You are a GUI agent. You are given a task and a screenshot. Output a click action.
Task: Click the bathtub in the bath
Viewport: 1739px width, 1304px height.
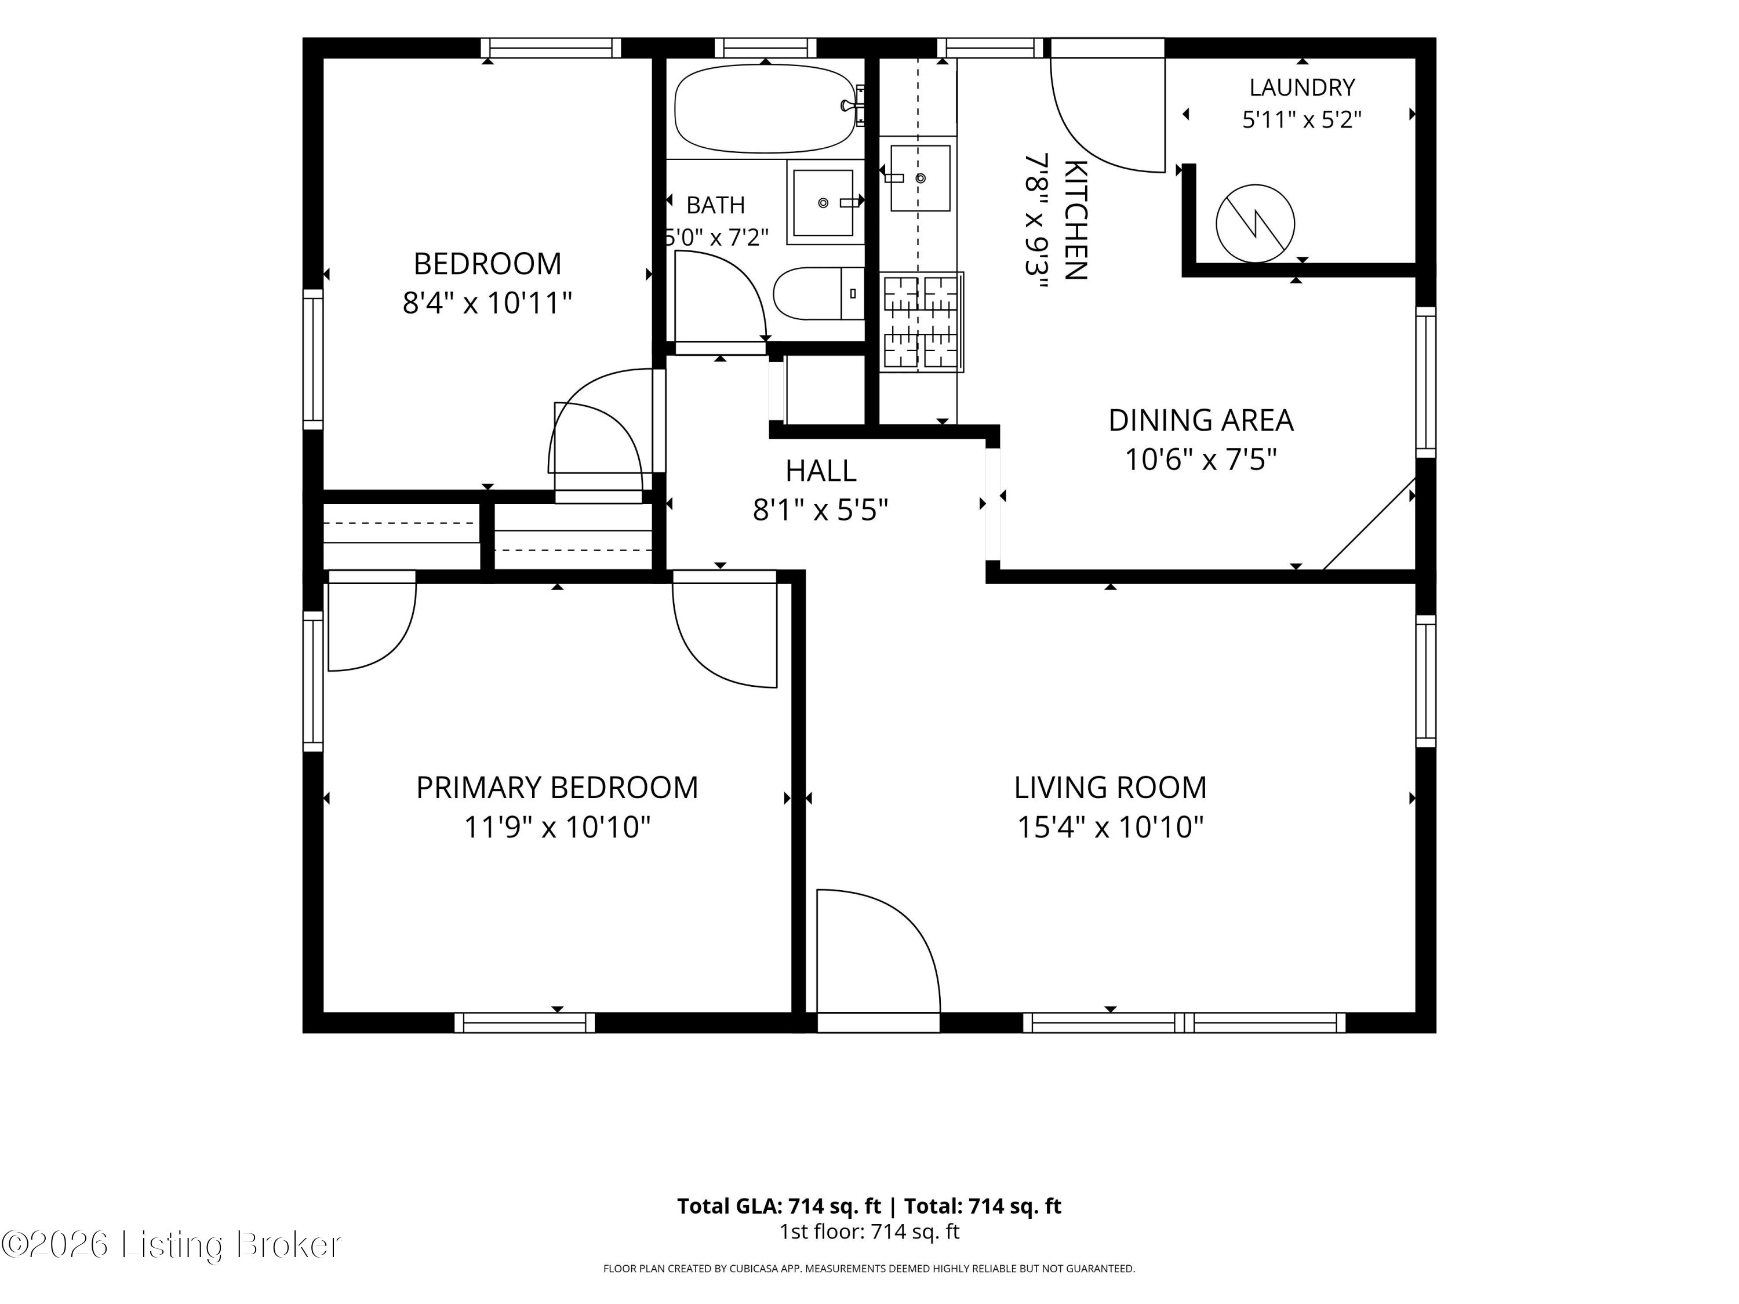click(x=764, y=108)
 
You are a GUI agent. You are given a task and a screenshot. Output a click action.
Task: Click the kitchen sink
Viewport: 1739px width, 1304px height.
click(x=919, y=179)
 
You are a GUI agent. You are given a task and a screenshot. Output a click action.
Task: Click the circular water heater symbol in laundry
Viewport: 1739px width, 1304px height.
click(x=1255, y=223)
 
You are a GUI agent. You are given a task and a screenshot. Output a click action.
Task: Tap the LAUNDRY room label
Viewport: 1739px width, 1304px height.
click(x=1302, y=88)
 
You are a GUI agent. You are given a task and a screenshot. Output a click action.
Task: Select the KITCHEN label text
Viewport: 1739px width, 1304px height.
click(x=1075, y=220)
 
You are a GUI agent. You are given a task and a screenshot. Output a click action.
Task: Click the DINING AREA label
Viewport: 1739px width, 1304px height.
click(x=1200, y=421)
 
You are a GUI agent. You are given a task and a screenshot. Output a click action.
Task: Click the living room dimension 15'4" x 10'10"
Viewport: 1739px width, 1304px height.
click(x=1110, y=827)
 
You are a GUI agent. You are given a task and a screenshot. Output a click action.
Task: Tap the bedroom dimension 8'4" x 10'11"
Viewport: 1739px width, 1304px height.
click(x=487, y=303)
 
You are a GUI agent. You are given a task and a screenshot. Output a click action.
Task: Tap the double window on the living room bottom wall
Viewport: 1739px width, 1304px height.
click(x=1184, y=1022)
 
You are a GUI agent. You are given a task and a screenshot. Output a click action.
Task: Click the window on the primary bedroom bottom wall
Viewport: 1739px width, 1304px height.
click(x=525, y=1022)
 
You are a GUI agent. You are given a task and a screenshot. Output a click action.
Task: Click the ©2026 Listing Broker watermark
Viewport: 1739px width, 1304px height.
click(x=170, y=1244)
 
